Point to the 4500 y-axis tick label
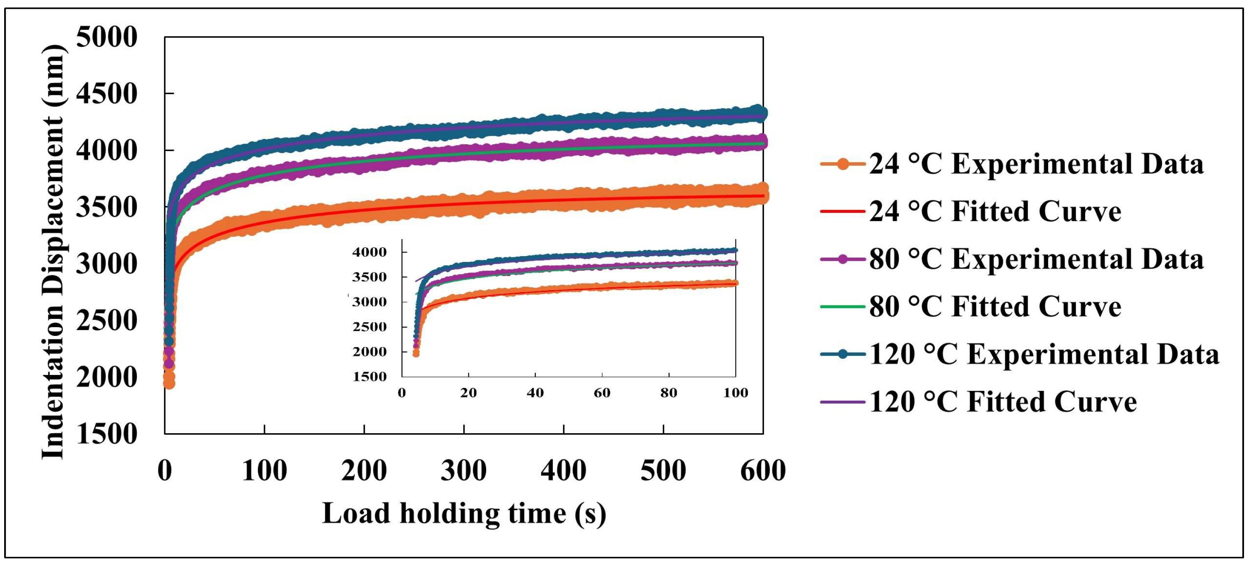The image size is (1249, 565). [106, 94]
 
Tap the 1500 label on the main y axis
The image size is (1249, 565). [106, 433]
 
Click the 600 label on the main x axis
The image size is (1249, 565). [763, 471]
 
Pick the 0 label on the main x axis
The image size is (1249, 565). [165, 471]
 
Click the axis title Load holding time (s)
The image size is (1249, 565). [464, 513]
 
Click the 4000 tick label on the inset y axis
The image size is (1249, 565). [369, 252]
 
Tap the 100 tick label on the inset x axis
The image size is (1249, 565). [735, 392]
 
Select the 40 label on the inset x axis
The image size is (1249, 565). [535, 392]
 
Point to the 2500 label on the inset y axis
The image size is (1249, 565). [369, 327]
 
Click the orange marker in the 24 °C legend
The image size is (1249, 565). [843, 164]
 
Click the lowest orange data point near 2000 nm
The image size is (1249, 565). [169, 383]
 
